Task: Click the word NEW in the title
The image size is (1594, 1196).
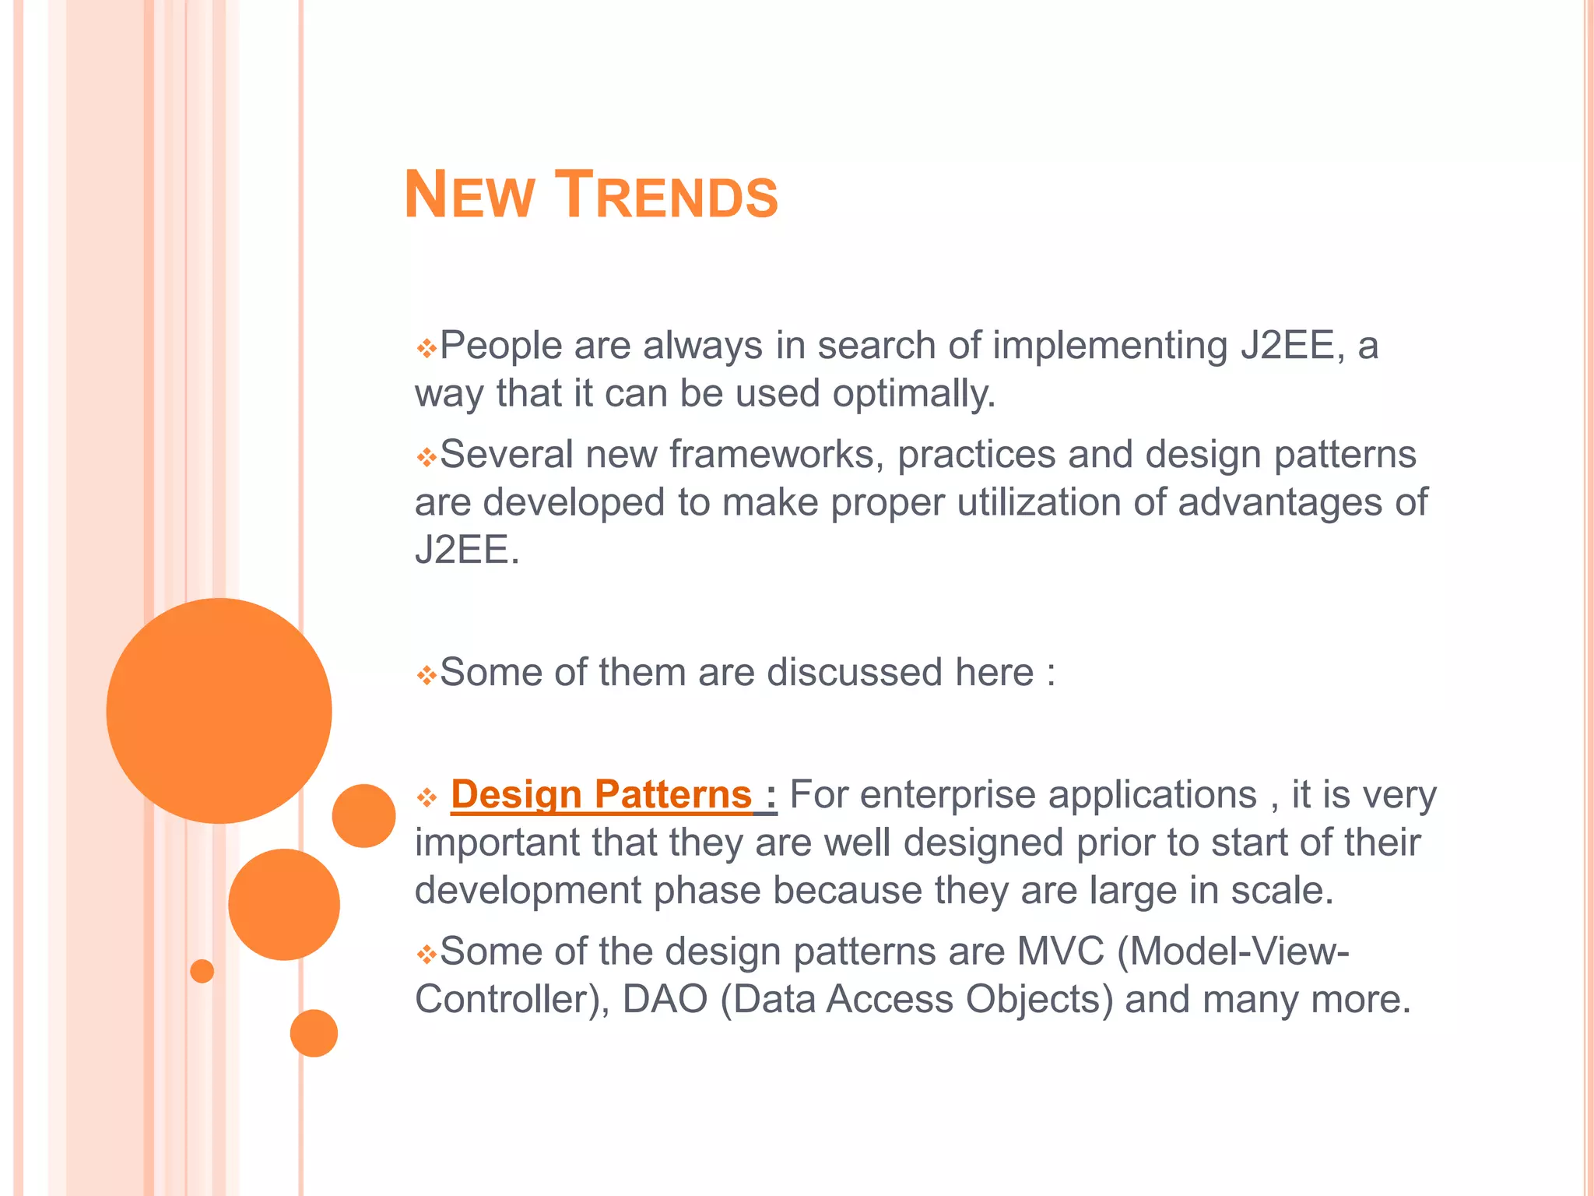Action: point(469,195)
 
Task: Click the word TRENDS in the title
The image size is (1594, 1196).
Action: point(669,195)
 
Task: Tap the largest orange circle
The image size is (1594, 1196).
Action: point(219,710)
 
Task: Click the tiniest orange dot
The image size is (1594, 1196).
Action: point(202,971)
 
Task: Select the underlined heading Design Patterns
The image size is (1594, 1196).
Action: point(601,795)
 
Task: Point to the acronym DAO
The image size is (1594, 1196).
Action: point(665,1000)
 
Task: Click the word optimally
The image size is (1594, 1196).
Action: point(914,393)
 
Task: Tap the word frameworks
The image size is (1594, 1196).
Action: point(777,455)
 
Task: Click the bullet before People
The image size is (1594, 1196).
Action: point(426,348)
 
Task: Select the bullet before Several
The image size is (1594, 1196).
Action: point(426,457)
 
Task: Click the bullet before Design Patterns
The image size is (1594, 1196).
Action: point(426,797)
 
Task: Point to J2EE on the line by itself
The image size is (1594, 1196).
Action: point(465,550)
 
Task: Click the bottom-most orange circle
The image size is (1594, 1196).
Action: point(314,1033)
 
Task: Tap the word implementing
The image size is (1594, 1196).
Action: point(1111,345)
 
